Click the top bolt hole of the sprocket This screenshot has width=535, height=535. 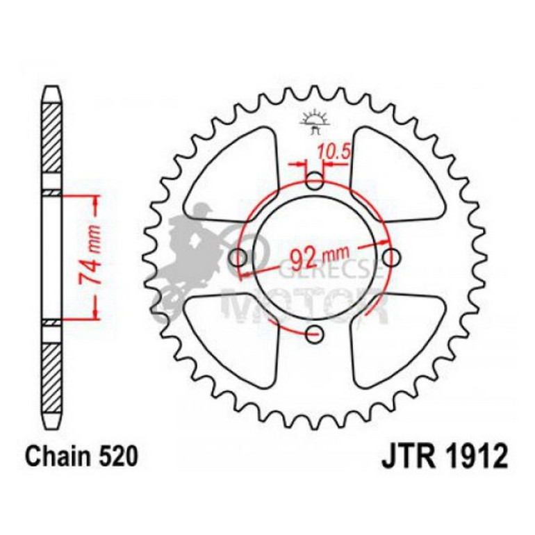coord(315,181)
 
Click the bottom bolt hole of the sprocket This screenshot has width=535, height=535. coord(314,334)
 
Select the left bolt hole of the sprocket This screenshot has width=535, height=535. coord(238,257)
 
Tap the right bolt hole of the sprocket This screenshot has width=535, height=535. coord(390,257)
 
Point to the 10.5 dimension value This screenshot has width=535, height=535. coord(334,151)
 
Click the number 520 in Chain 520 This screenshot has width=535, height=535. coord(118,456)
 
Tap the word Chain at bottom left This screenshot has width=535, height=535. coord(59,456)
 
